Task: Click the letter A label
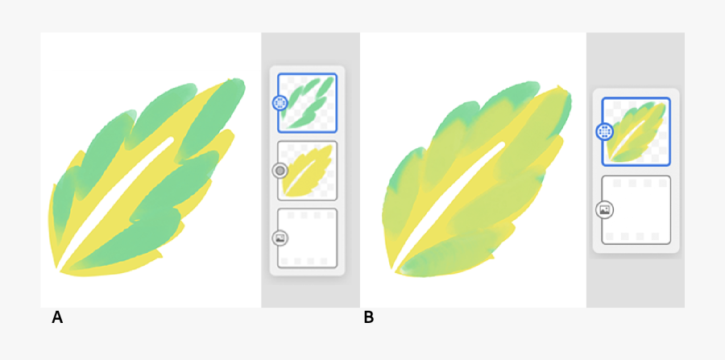(x=57, y=317)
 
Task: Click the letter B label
(x=369, y=317)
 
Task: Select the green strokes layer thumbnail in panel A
(x=307, y=102)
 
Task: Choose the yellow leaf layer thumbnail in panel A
(x=307, y=170)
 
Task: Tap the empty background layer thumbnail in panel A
(x=307, y=238)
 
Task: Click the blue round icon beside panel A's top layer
(x=280, y=102)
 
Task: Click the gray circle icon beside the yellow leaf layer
(x=280, y=170)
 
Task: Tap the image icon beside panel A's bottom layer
(x=280, y=238)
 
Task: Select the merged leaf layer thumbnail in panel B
(x=636, y=131)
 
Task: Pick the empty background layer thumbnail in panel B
(x=636, y=209)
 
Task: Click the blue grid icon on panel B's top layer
(x=605, y=131)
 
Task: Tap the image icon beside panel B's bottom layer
(x=605, y=209)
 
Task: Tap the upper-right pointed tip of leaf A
(x=239, y=81)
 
